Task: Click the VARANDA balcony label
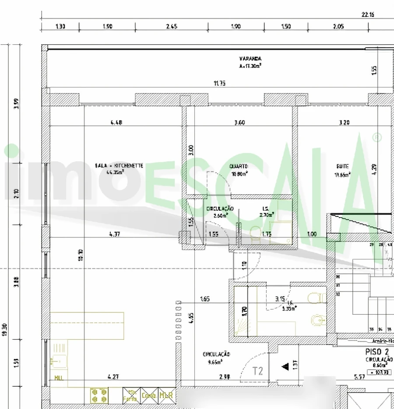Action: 250,58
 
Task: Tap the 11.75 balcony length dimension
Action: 219,83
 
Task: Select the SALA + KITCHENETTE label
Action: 119,166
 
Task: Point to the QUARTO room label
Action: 239,167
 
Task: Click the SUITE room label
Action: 342,167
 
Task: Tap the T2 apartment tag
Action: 258,371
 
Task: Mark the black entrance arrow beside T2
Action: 285,366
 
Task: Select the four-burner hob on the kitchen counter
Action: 99,395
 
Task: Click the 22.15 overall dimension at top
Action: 368,14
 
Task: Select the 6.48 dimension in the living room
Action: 116,123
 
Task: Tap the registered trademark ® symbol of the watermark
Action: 376,137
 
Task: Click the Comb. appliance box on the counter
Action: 149,395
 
